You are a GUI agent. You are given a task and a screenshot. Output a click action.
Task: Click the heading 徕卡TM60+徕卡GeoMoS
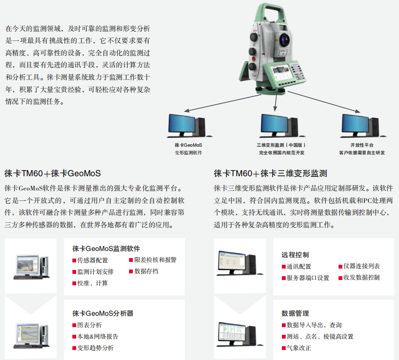(52, 172)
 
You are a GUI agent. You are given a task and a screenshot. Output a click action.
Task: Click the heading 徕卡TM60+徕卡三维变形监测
(270, 172)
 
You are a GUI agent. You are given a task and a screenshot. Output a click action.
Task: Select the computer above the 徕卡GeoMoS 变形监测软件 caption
(188, 125)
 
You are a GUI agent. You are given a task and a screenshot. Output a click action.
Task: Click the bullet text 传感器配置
(92, 260)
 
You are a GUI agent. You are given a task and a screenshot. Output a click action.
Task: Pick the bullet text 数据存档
(146, 271)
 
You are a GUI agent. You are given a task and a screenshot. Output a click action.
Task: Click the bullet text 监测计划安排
(95, 271)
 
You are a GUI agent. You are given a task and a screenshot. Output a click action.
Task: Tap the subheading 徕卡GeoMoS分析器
(102, 313)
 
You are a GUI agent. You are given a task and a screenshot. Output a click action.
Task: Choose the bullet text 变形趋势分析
(95, 348)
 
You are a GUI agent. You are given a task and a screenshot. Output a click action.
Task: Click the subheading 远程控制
(295, 255)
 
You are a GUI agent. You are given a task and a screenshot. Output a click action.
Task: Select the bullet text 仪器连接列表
(361, 266)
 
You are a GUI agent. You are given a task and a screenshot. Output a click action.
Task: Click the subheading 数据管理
(295, 313)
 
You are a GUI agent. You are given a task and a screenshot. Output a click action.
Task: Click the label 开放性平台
(362, 145)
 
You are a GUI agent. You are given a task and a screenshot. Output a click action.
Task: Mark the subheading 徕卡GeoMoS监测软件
(106, 248)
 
